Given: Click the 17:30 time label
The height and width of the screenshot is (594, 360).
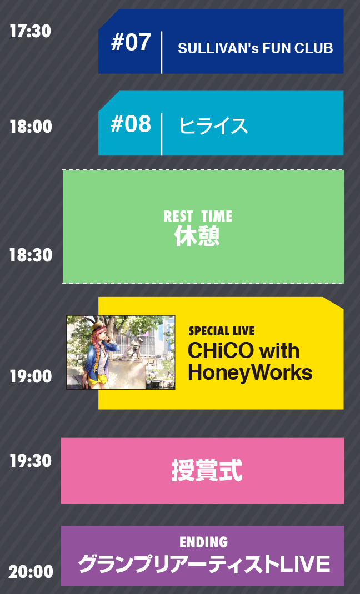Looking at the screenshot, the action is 31,31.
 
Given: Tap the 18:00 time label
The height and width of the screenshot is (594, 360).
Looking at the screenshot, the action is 31,126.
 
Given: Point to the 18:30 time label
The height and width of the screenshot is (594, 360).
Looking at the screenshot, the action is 31,255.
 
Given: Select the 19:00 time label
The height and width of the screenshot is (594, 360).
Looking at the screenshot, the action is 31,376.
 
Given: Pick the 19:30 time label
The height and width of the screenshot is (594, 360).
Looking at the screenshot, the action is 31,461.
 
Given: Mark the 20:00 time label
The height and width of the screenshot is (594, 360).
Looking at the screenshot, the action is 31,571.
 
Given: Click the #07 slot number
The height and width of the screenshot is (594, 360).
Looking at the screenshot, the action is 131,42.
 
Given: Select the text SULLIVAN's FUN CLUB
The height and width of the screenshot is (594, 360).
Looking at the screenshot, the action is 256,48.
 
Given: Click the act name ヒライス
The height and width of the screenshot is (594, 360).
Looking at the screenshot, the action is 214,125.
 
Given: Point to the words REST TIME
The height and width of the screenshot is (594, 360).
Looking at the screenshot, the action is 198,217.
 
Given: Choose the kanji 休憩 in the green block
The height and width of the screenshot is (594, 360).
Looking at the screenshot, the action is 197,236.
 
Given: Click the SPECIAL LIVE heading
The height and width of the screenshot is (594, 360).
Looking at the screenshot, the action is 221,331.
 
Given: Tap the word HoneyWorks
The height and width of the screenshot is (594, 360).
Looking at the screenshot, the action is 250,372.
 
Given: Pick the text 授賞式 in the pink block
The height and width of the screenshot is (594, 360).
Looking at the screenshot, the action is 207,471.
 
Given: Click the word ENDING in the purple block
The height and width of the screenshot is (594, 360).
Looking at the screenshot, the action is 203,542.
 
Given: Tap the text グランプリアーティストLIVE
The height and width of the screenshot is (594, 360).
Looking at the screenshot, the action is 204,565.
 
